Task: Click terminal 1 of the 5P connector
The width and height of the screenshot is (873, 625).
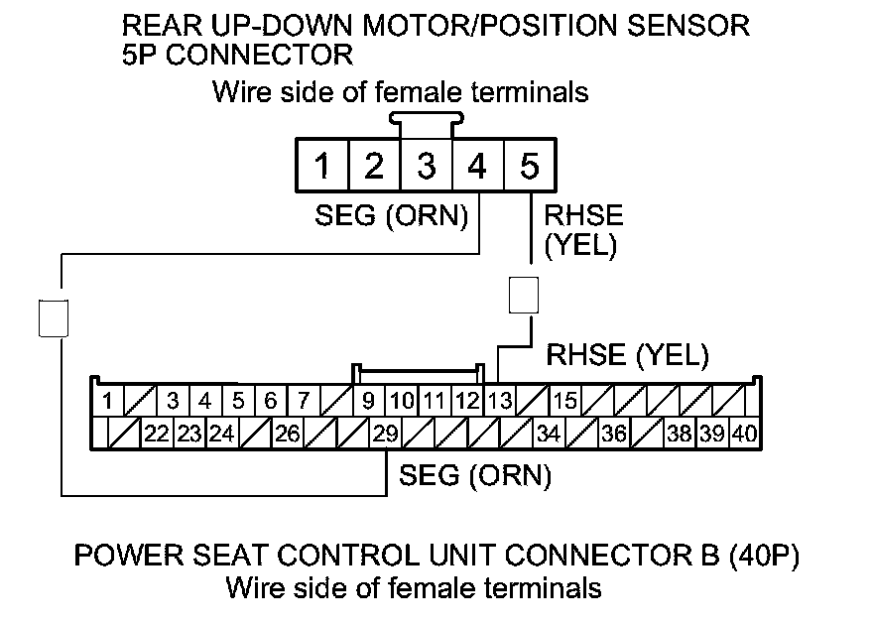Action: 321,166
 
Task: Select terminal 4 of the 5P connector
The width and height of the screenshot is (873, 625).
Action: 477,166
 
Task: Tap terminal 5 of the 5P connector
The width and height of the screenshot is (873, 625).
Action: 530,166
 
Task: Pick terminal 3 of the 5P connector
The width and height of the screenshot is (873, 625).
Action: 426,166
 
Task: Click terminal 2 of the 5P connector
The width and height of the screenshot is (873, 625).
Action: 374,166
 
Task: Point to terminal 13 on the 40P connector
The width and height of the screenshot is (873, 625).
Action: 500,402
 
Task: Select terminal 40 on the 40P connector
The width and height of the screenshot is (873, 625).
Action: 745,433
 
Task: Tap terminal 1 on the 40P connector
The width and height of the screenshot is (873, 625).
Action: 106,402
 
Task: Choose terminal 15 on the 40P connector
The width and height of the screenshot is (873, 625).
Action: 565,402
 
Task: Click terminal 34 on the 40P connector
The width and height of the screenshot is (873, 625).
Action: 548,433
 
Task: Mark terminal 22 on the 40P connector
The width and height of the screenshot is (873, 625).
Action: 156,433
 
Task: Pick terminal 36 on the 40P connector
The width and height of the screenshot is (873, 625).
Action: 614,433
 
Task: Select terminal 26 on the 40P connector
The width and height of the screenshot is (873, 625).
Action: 287,433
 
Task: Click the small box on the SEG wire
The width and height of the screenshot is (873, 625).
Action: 53,317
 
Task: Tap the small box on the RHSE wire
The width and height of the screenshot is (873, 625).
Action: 523,295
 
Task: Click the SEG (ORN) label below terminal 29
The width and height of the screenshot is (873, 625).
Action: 474,476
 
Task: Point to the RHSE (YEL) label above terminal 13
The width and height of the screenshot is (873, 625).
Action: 628,352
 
